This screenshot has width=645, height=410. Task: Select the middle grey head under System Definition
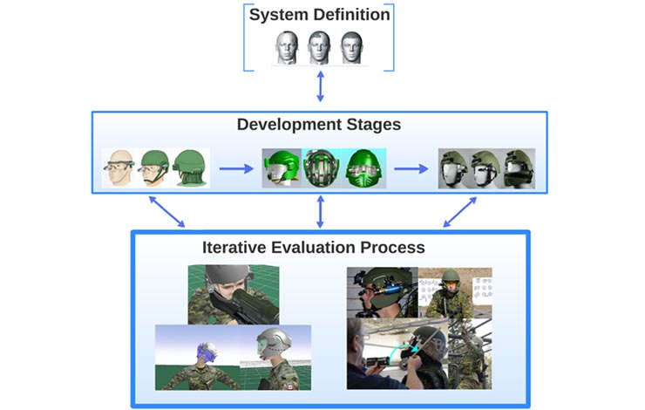coord(320,48)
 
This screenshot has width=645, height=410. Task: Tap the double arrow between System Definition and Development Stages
coord(320,87)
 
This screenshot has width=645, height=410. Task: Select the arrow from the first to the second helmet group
coord(235,167)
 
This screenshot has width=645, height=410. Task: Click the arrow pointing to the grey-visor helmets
coord(411,167)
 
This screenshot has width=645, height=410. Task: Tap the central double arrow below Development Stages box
coord(320,212)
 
